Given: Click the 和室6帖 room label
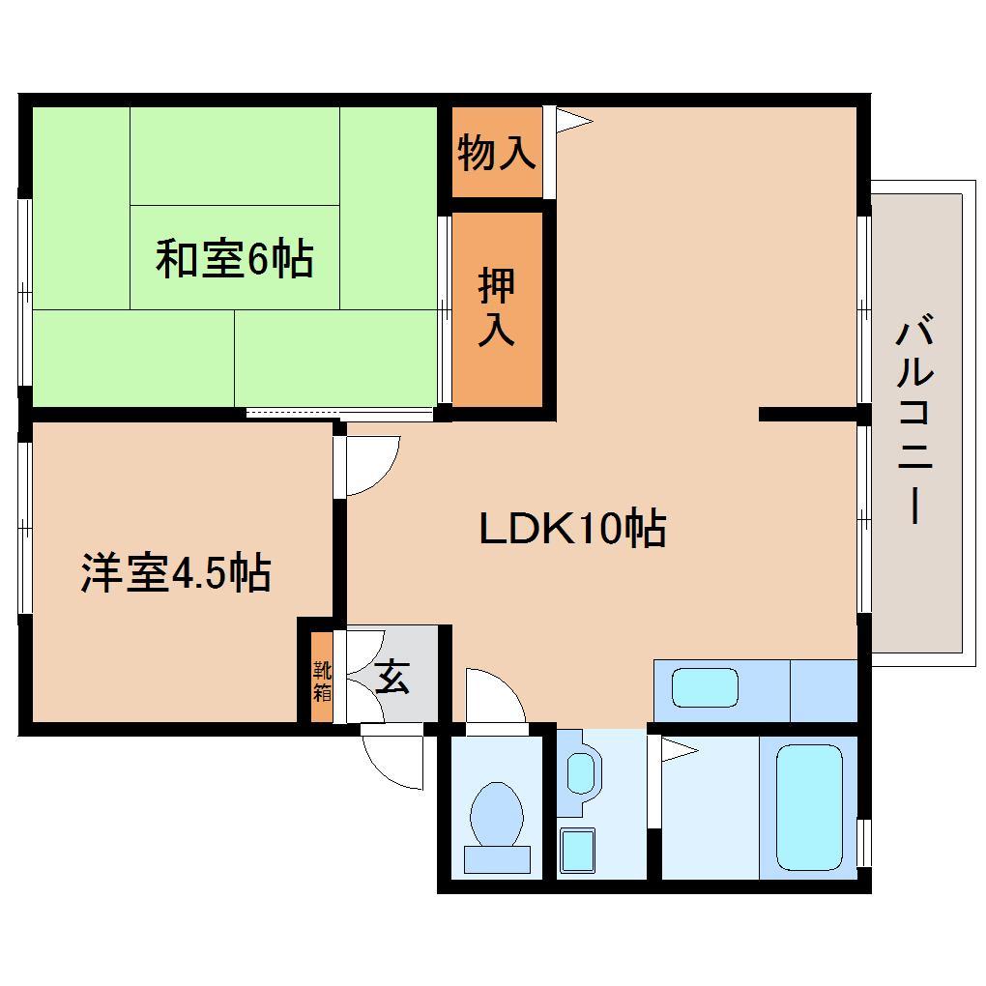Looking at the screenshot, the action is [x=235, y=258].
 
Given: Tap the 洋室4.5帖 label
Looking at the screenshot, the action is [x=176, y=573].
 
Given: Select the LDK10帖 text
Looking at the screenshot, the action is [x=572, y=528].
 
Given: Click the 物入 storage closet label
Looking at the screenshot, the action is [x=497, y=152].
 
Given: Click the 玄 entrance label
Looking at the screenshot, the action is [x=392, y=676].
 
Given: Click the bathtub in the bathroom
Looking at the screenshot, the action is [x=809, y=807].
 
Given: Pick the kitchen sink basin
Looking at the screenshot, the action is [x=705, y=687].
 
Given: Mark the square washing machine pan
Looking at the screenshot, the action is [x=577, y=851].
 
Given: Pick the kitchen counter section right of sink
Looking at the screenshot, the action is [x=824, y=690].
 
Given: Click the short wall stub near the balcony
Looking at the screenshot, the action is [x=808, y=414].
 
